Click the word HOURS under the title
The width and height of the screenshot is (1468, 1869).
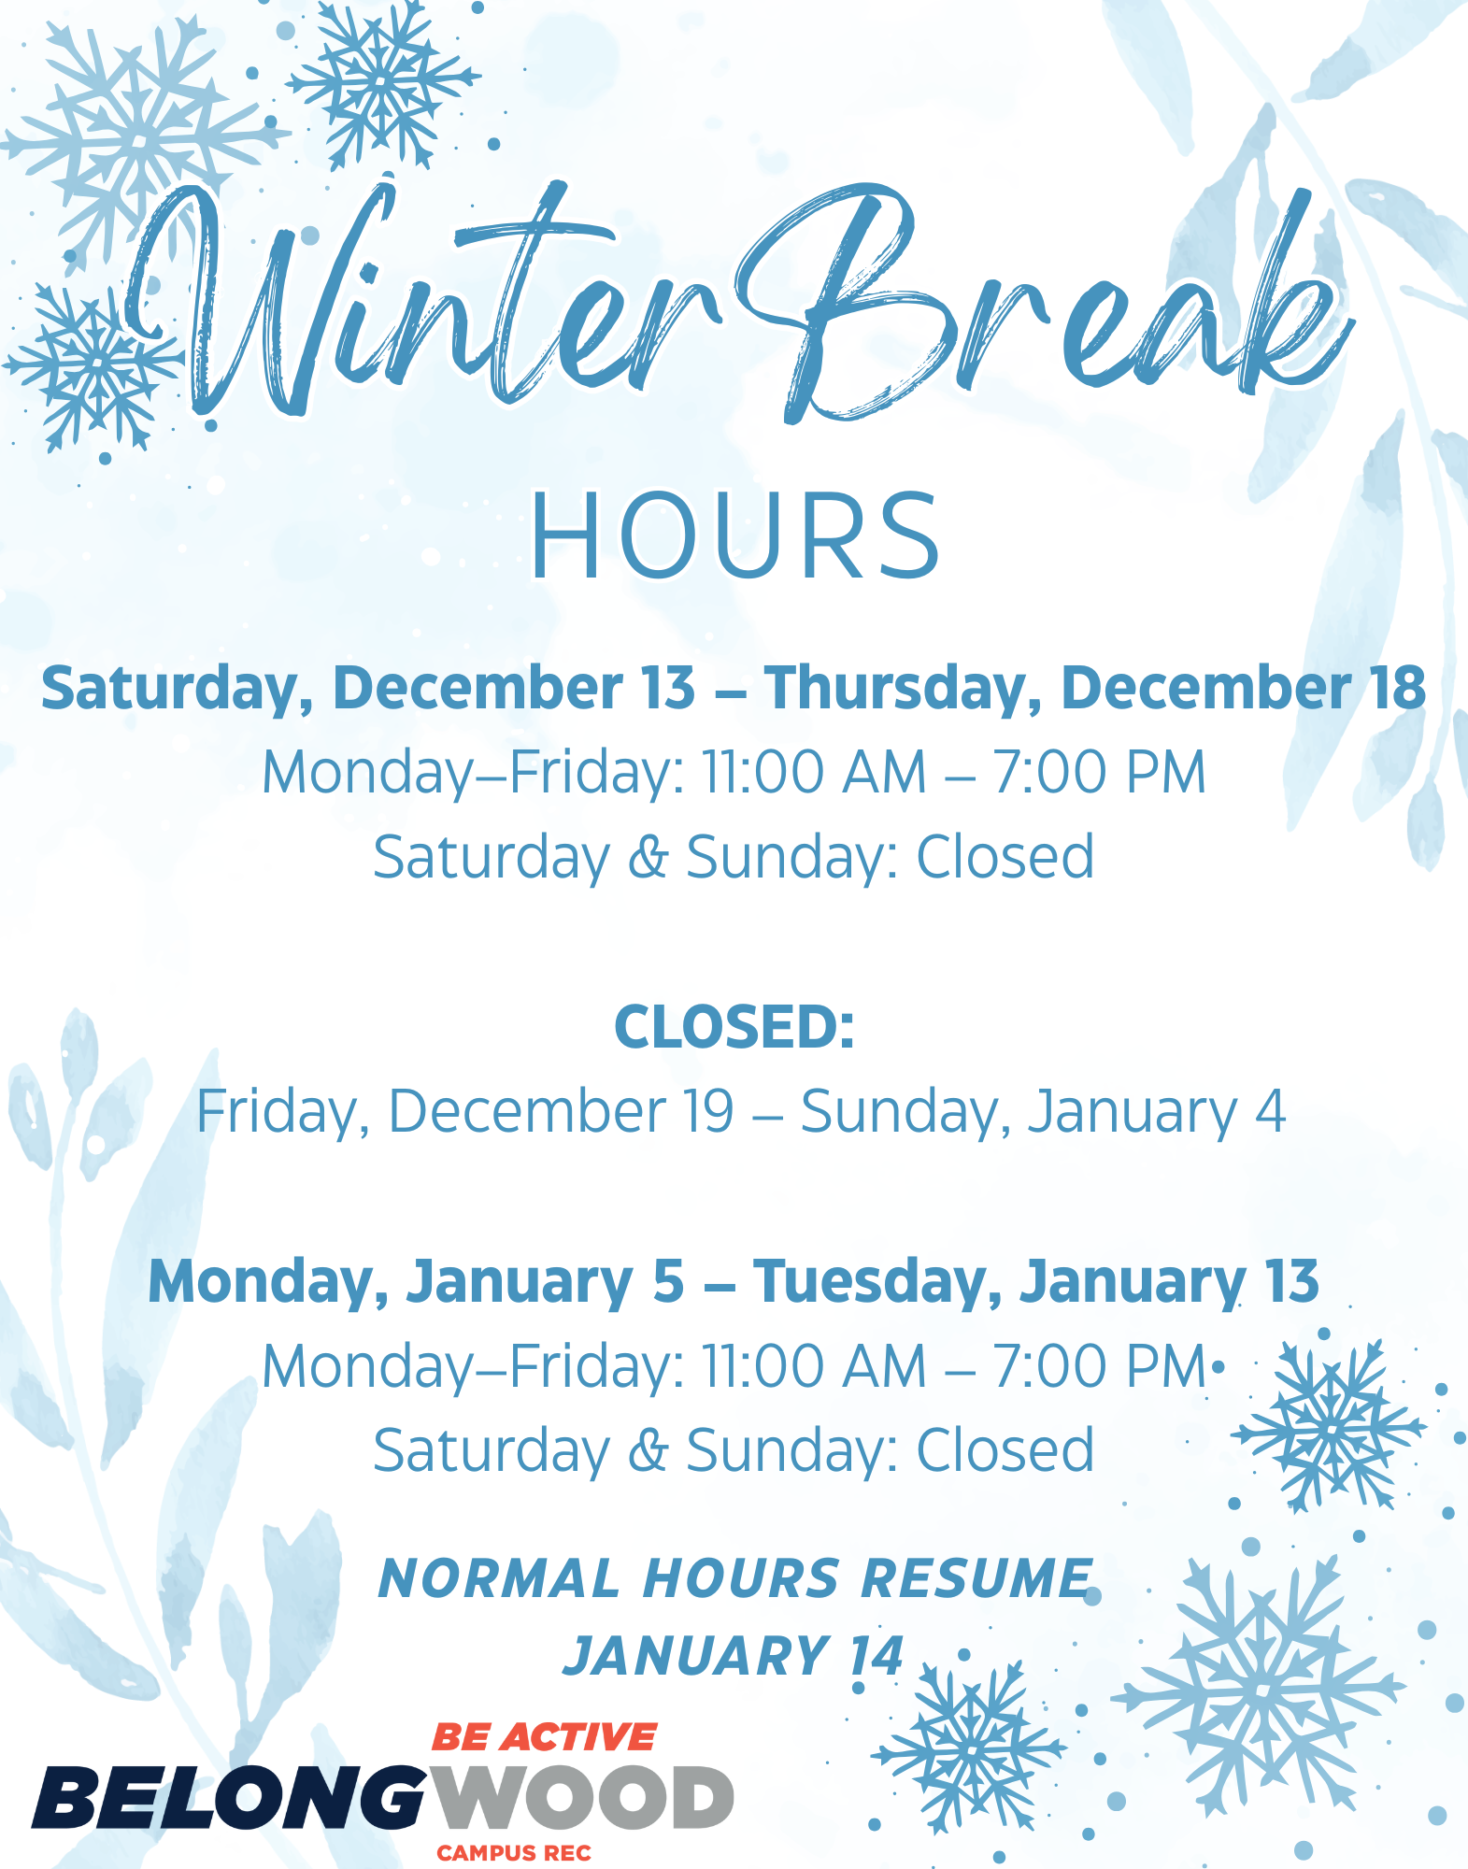(734, 536)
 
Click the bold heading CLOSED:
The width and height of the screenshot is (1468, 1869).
(734, 1027)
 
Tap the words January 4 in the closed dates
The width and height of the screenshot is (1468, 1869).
(1157, 1112)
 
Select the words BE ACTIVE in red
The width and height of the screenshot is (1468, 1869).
(544, 1737)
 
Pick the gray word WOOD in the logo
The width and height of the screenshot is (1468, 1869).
(583, 1797)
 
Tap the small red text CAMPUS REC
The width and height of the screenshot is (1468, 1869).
(514, 1853)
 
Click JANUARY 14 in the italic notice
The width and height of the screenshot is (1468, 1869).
(734, 1657)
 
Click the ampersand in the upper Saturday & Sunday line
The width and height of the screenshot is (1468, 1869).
(648, 857)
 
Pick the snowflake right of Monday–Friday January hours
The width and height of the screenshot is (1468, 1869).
(1328, 1426)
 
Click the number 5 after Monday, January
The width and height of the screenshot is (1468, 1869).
(668, 1281)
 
